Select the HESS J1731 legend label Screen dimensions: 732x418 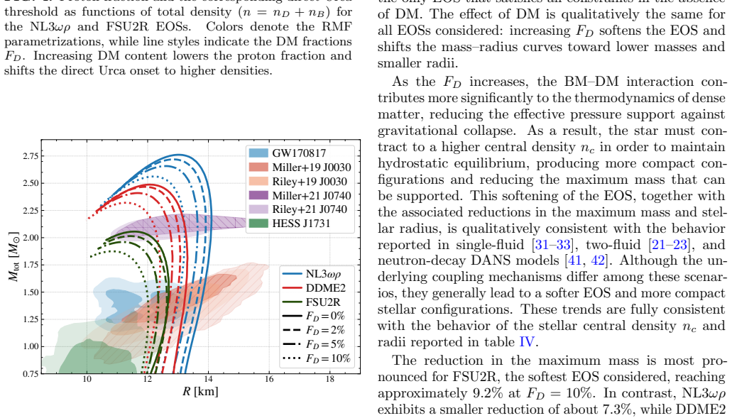(x=301, y=224)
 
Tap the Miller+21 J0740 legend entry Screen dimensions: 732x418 (x=300, y=195)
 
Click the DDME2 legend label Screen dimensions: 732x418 (x=325, y=288)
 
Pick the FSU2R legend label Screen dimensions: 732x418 (x=323, y=302)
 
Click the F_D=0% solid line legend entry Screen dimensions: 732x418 (x=314, y=317)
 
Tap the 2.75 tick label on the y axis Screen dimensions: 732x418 (x=31, y=156)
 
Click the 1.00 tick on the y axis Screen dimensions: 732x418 (x=31, y=346)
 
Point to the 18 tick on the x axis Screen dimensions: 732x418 (x=329, y=379)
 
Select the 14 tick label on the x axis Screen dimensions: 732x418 (x=208, y=379)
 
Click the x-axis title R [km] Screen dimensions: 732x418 (x=200, y=392)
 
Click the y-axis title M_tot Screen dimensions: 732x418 (x=14, y=257)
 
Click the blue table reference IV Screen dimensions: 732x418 (x=526, y=342)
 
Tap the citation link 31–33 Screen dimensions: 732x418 (x=552, y=245)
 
